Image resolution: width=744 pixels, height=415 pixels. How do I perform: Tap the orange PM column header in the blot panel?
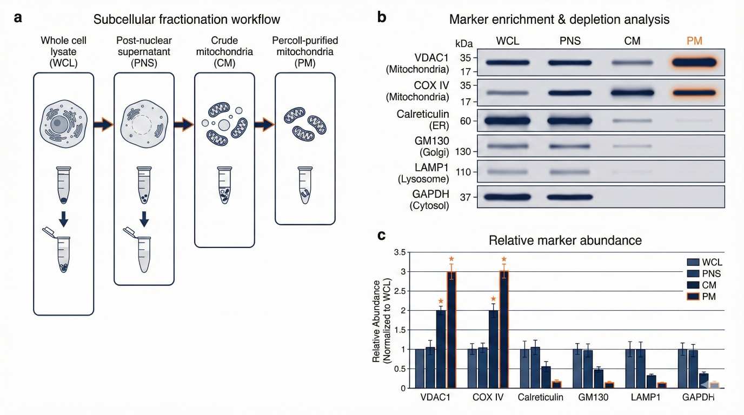tap(694, 41)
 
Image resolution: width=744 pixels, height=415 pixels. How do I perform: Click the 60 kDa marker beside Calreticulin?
tap(464, 121)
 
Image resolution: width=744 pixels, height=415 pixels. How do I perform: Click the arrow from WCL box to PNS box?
tap(103, 125)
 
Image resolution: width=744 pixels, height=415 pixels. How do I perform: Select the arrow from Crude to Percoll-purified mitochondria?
tap(264, 125)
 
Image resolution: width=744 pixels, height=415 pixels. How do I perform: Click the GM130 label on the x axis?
tap(593, 398)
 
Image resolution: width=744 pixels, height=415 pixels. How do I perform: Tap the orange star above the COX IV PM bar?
tap(504, 259)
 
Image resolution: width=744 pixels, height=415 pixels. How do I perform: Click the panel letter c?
tap(382, 236)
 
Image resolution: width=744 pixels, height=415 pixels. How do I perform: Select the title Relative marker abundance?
tap(565, 240)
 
